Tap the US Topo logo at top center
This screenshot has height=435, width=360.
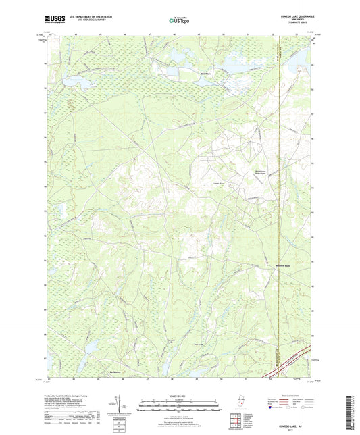coord(180,21)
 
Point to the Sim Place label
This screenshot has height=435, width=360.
coord(206,74)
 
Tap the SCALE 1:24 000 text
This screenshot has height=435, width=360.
coord(180,396)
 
